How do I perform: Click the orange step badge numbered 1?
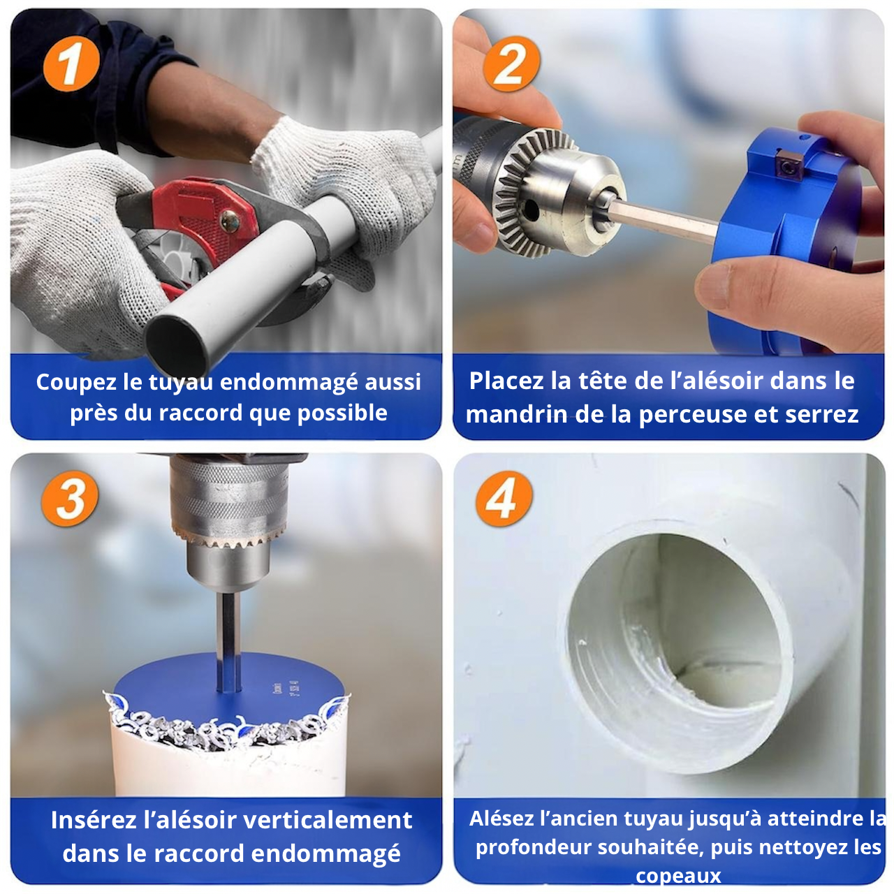click(x=71, y=64)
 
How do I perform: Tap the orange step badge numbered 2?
click(x=511, y=64)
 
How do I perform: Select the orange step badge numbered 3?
click(x=70, y=498)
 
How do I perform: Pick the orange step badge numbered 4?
click(x=504, y=498)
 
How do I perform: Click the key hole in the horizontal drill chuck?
click(x=530, y=210)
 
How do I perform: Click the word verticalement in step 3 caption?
click(x=328, y=820)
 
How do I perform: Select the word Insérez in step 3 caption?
click(x=94, y=820)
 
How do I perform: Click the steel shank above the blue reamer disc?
click(x=228, y=641)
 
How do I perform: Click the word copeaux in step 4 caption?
click(x=677, y=875)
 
